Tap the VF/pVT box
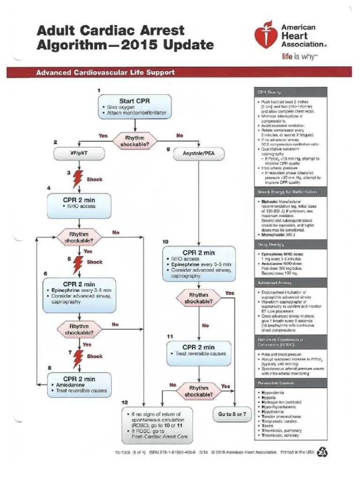78,153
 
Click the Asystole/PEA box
199,153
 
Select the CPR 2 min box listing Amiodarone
79,384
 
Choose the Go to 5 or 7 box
232,414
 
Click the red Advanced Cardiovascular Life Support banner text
106,73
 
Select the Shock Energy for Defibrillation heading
287,192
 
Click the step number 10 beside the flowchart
165,241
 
